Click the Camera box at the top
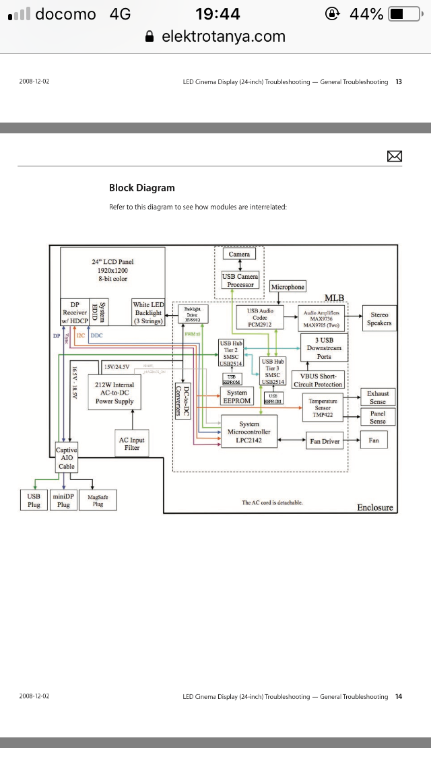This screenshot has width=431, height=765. [239, 255]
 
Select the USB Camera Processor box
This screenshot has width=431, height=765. [239, 280]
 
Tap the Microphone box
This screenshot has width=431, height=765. [288, 287]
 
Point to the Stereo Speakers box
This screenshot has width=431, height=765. [379, 319]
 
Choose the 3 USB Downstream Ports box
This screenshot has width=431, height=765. [323, 348]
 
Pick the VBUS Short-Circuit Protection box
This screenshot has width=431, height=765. [319, 380]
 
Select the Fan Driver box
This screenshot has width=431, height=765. [325, 441]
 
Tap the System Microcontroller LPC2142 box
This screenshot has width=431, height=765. [248, 433]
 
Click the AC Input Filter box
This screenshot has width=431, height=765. [132, 443]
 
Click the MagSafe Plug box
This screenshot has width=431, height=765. [98, 500]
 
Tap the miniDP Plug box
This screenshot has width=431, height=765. [63, 500]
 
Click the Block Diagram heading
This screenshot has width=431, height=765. [141, 188]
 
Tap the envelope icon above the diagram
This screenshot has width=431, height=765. [395, 156]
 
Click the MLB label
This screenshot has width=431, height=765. [334, 298]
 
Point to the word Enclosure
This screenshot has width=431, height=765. [374, 507]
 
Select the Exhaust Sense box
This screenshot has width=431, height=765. [378, 397]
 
